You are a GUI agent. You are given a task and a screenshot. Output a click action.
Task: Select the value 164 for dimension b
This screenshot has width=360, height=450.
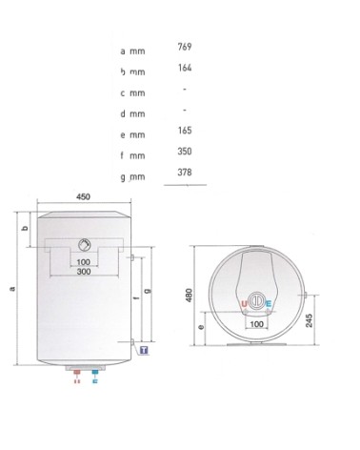(x=186, y=68)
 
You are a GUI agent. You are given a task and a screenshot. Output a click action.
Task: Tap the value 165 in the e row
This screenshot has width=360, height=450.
(x=186, y=132)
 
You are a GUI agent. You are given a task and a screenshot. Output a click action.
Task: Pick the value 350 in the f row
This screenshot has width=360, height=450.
(x=186, y=152)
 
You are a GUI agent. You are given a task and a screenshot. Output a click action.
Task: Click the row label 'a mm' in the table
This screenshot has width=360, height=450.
(x=132, y=50)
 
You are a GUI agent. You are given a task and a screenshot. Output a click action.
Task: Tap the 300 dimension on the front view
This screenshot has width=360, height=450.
(x=84, y=273)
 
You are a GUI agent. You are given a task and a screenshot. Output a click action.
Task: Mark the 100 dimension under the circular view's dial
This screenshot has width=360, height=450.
(x=256, y=324)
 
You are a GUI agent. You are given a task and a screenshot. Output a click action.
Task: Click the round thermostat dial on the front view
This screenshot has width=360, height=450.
(x=85, y=243)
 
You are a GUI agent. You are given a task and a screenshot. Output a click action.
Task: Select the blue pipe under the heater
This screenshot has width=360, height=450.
(x=94, y=375)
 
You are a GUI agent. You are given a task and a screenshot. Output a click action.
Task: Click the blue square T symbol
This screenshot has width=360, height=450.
(x=144, y=351)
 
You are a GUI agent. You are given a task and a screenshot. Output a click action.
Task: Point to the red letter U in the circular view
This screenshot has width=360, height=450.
(x=245, y=304)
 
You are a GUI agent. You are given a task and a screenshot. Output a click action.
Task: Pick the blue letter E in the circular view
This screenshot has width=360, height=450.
(x=269, y=304)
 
